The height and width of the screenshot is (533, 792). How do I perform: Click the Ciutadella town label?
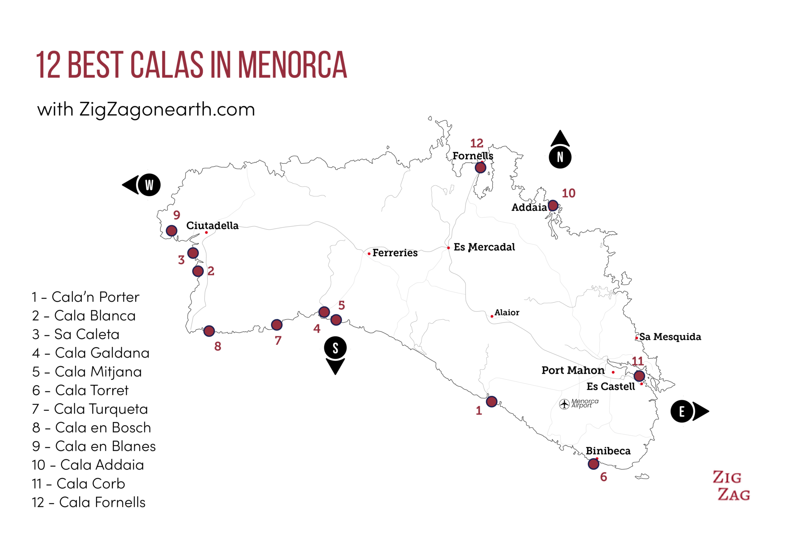(x=212, y=226)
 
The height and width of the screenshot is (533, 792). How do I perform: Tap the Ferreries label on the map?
(x=395, y=253)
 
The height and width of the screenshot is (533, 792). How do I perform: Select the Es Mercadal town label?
(x=484, y=247)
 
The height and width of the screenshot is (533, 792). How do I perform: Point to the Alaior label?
(x=507, y=312)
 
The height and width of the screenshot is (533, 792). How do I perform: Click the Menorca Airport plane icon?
(x=565, y=404)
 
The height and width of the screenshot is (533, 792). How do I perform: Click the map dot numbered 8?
(x=209, y=331)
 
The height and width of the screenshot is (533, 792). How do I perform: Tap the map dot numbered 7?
(x=277, y=325)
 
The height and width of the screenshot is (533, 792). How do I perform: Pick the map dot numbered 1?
(x=492, y=401)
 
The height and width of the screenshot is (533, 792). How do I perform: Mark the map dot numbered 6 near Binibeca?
(x=593, y=464)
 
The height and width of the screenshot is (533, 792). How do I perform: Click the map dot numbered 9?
(x=172, y=231)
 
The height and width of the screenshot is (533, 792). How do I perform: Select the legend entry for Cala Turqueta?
(x=90, y=409)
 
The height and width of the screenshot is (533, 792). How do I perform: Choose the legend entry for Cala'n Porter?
(x=85, y=297)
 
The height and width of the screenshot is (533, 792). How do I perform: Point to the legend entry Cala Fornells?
(x=89, y=502)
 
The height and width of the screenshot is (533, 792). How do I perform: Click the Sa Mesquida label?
(x=670, y=337)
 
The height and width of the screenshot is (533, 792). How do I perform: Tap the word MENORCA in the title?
(x=292, y=65)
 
